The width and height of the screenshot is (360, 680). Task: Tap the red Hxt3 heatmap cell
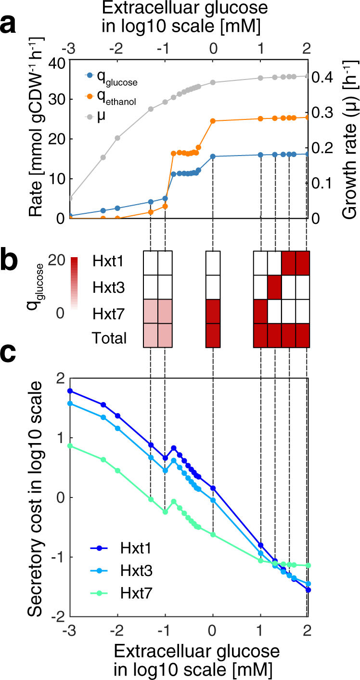(x=275, y=287)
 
